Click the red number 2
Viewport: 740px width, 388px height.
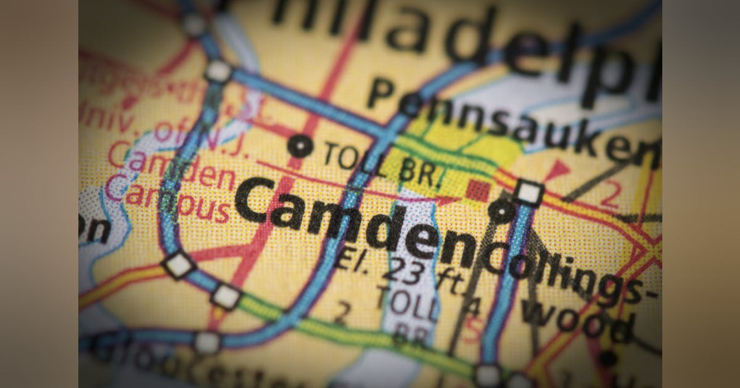tap(610, 196)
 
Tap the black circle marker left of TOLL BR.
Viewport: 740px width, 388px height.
tap(300, 146)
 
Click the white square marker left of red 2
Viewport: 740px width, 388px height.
tap(528, 193)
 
